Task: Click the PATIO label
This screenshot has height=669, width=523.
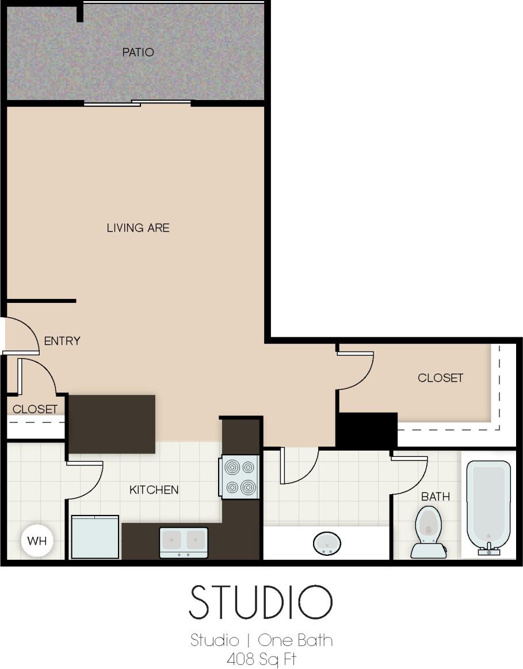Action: [x=138, y=52]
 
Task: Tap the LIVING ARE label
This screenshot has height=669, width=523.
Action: [x=138, y=228]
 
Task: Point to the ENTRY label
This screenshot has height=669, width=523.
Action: [x=62, y=341]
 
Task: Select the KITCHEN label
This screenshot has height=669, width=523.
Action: [x=154, y=490]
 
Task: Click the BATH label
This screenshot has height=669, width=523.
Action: [x=436, y=496]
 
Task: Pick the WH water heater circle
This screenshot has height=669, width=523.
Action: [x=37, y=541]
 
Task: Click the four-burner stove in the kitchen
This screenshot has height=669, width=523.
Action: [x=240, y=476]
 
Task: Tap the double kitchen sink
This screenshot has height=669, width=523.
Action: [x=184, y=542]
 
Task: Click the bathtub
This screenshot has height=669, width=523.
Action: [x=488, y=506]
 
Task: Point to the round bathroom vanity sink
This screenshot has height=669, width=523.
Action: [x=326, y=542]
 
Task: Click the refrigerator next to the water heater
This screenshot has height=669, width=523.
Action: [x=95, y=537]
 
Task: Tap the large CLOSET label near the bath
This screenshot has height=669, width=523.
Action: [x=440, y=378]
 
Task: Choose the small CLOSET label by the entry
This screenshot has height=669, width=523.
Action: [x=35, y=409]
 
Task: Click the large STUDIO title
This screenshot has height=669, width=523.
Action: [x=261, y=602]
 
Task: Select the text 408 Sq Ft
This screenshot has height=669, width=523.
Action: [x=261, y=659]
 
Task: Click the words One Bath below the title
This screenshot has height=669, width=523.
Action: [x=295, y=640]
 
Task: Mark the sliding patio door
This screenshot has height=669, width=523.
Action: [x=137, y=103]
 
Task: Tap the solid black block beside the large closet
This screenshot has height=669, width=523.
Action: [x=367, y=430]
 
